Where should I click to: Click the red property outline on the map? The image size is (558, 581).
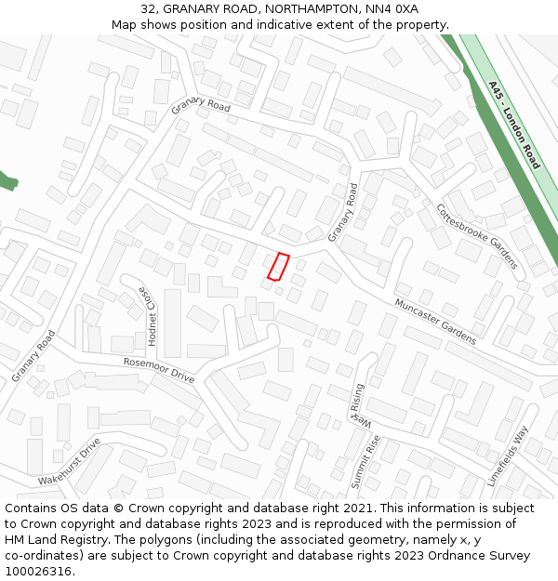[278, 266]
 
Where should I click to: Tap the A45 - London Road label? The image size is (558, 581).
[514, 125]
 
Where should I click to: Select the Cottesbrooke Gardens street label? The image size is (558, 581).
[476, 236]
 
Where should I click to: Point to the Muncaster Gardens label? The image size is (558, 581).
[434, 322]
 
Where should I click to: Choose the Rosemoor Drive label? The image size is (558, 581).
[159, 370]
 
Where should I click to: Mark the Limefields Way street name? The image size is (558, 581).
[507, 456]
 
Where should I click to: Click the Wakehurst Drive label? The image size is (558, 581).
[69, 462]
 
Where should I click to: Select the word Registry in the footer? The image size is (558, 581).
[94, 540]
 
